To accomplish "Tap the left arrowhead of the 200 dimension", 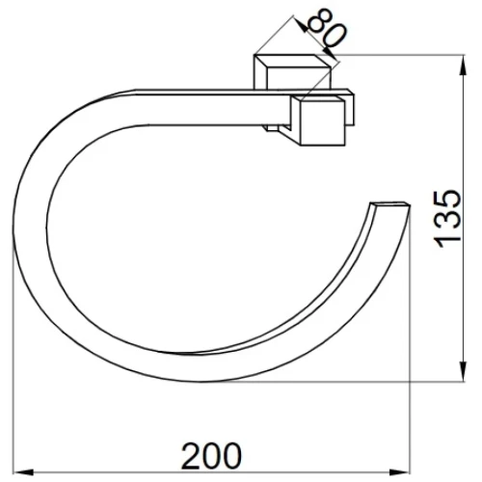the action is coord(24,472).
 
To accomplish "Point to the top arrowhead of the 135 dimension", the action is coord(463,66).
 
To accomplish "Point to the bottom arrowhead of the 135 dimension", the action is coord(463,371).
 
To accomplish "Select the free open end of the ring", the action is coord(390,204).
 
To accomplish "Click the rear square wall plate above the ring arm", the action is coord(292,71).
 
